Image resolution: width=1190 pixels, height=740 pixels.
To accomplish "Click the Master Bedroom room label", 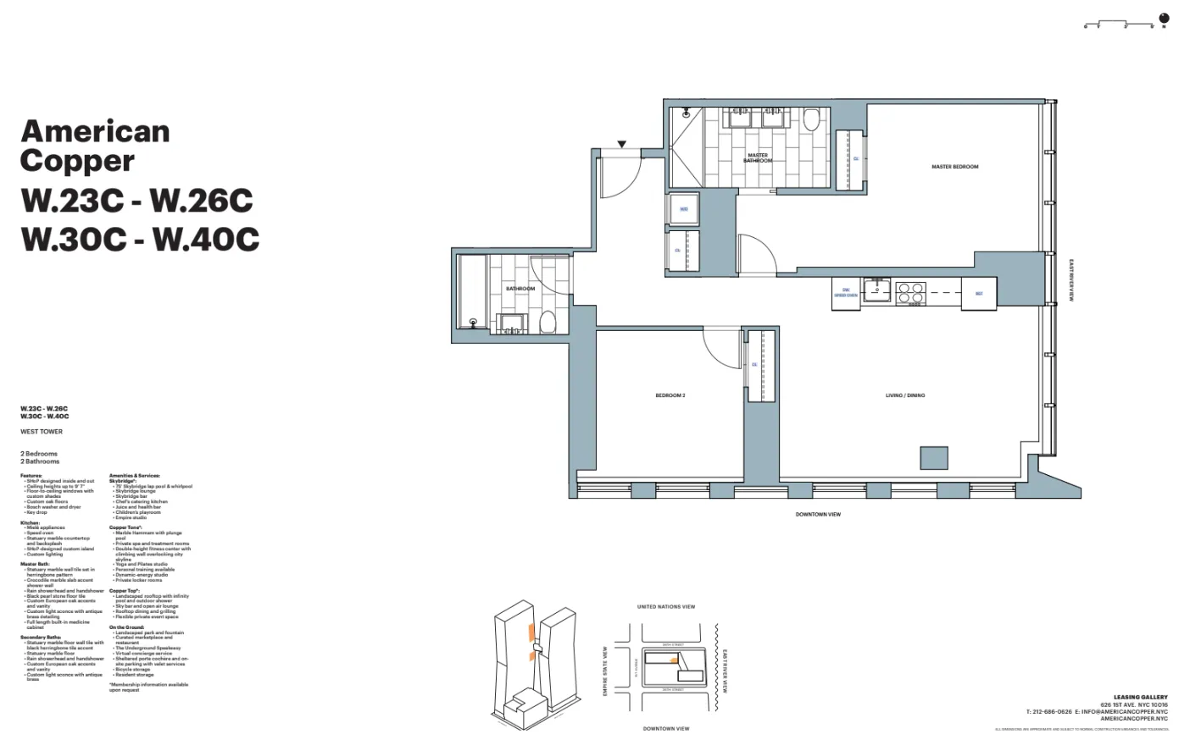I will tap(954, 167).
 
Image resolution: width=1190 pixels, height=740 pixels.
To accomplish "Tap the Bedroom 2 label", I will tap(670, 395).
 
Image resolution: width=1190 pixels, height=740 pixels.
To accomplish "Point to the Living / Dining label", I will tap(905, 395).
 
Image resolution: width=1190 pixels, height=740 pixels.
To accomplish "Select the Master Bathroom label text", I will tap(758, 157).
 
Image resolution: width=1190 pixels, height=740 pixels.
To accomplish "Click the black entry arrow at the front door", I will tap(621, 145).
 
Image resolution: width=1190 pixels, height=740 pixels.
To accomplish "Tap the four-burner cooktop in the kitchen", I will tap(910, 293).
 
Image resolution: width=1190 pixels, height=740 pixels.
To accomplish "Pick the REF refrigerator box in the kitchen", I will tap(979, 294).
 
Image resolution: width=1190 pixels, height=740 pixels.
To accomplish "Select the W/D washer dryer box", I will tap(683, 209).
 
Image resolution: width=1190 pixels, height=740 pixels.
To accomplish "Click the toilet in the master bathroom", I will tap(811, 119).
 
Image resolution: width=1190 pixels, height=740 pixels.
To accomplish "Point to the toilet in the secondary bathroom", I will tap(548, 322).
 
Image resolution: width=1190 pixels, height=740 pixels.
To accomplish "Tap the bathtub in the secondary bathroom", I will tap(472, 292).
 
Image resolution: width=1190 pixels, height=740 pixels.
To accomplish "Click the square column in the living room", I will tap(934, 457).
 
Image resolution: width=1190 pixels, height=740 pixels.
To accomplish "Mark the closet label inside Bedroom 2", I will tap(754, 365).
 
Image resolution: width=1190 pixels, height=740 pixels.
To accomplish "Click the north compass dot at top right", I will tap(1164, 19).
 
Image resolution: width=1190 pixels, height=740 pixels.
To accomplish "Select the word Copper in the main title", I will tap(77, 161).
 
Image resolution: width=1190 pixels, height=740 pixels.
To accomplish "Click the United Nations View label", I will tap(665, 606).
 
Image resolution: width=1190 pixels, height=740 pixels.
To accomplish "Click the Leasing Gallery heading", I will tap(1140, 698).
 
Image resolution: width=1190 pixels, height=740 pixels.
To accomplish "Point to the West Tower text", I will tap(42, 432).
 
